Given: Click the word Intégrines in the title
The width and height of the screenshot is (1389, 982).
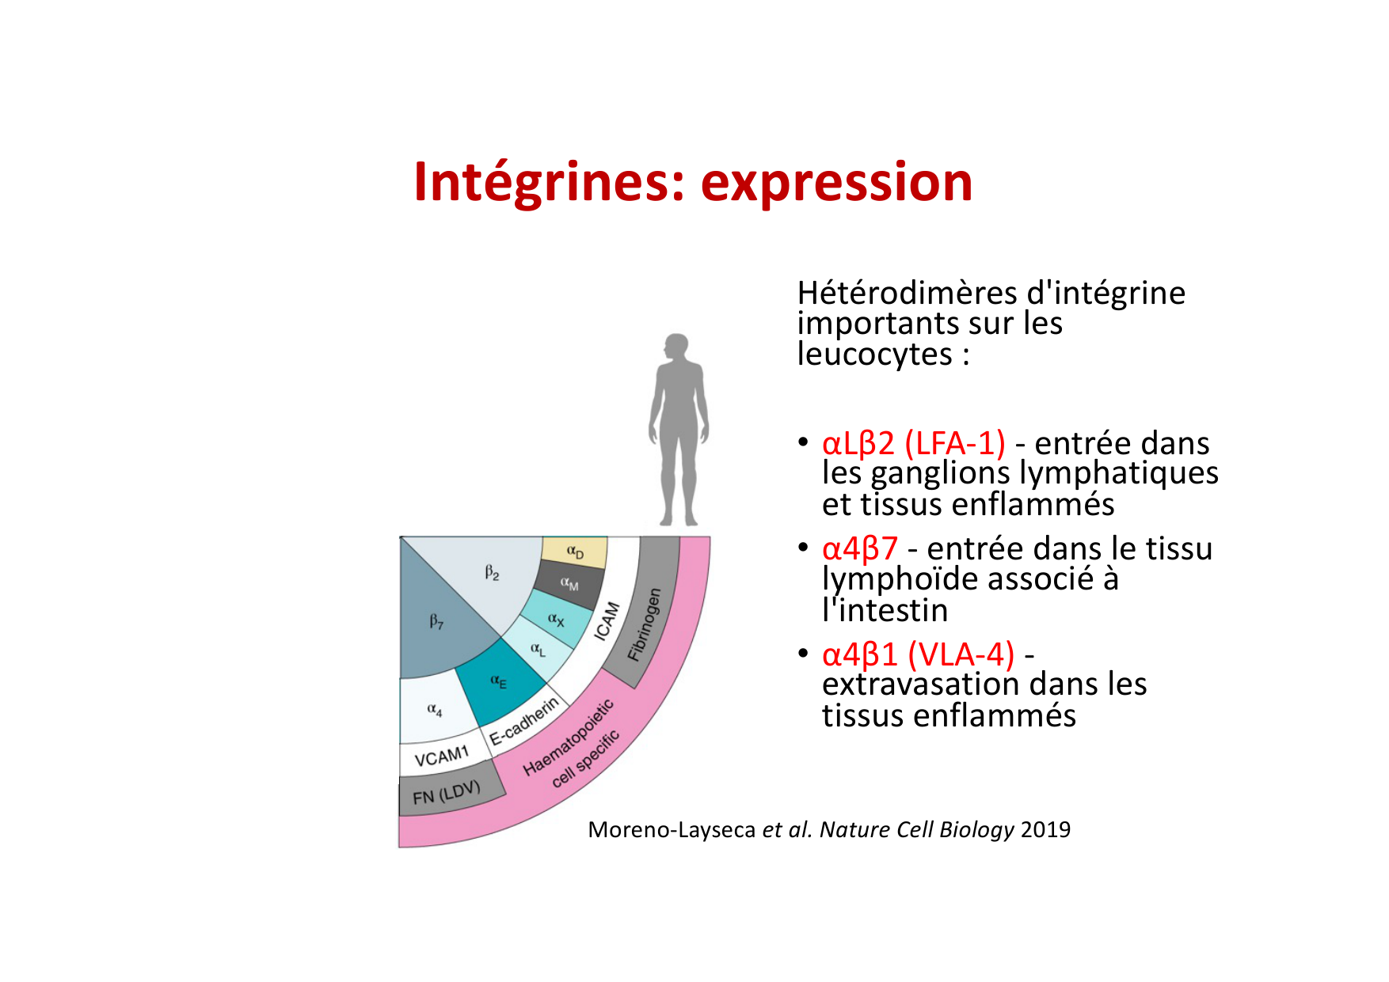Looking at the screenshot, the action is tap(549, 184).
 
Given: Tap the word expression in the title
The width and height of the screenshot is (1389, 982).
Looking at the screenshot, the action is tap(836, 184).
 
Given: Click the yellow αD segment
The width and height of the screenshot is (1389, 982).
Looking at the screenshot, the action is tap(575, 552).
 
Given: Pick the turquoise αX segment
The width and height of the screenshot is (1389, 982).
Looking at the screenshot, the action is tap(556, 620).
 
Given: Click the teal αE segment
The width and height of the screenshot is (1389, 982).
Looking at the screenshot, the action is tap(499, 681).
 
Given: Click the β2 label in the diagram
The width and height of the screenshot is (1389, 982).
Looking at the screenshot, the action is tap(493, 572).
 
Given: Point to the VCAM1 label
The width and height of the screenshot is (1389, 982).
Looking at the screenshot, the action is tap(441, 757).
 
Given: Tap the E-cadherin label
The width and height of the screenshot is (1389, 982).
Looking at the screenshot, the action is tap(523, 721).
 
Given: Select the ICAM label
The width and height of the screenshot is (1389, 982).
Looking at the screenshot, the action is tap(607, 621).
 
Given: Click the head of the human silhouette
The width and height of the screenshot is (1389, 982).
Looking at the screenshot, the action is tap(676, 347).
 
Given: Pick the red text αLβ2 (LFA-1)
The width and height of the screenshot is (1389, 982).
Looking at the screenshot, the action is tap(914, 443).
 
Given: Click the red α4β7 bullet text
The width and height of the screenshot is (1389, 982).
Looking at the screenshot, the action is tap(860, 548).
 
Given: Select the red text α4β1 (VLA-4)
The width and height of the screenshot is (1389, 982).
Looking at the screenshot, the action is tap(919, 654).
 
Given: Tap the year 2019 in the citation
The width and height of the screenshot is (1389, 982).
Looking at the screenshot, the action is tap(1045, 829).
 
